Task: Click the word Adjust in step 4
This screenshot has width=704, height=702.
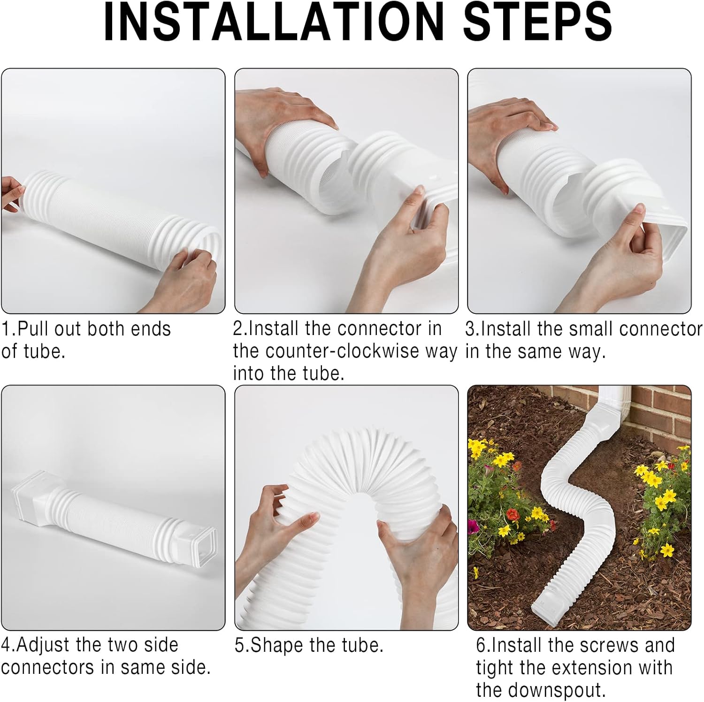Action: [x=43, y=645]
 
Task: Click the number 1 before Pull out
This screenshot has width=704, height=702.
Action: [x=5, y=329]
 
